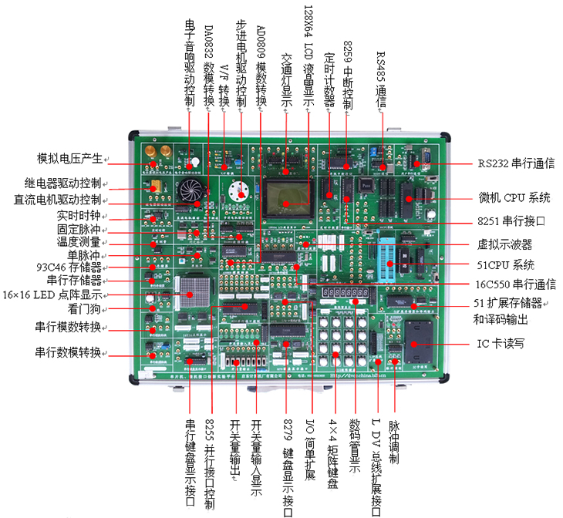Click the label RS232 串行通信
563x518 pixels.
pos(515,163)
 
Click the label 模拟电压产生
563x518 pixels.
pos(70,159)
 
